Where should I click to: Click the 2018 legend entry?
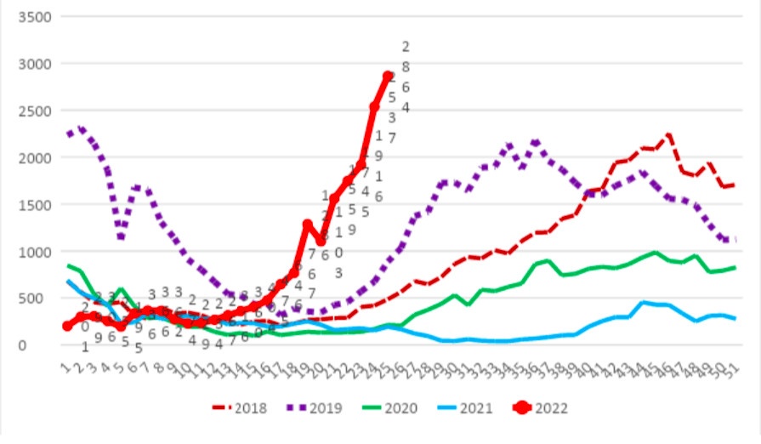pyautogui.click(x=240, y=408)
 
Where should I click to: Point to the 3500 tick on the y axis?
pyautogui.click(x=36, y=17)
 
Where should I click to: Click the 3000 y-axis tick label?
pyautogui.click(x=36, y=64)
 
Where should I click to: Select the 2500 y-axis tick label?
pyautogui.click(x=36, y=111)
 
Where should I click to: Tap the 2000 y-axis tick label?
pyautogui.click(x=36, y=158)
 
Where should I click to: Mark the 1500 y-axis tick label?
pyautogui.click(x=36, y=205)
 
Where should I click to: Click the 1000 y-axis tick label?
pyautogui.click(x=36, y=252)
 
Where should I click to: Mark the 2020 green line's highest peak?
pyautogui.click(x=655, y=253)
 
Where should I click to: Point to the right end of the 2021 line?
pyautogui.click(x=734, y=319)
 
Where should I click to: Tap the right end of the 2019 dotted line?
pyautogui.click(x=734, y=241)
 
